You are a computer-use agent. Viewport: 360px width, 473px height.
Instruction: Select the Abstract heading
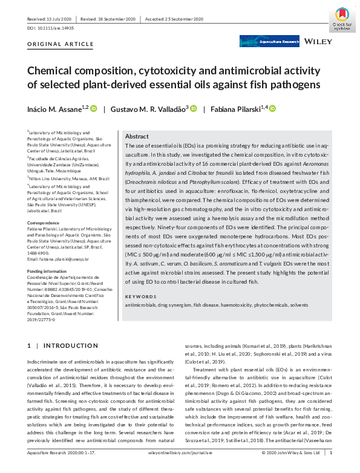point(138,137)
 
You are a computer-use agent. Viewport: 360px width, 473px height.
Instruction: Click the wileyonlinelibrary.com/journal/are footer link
point(179,468)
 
